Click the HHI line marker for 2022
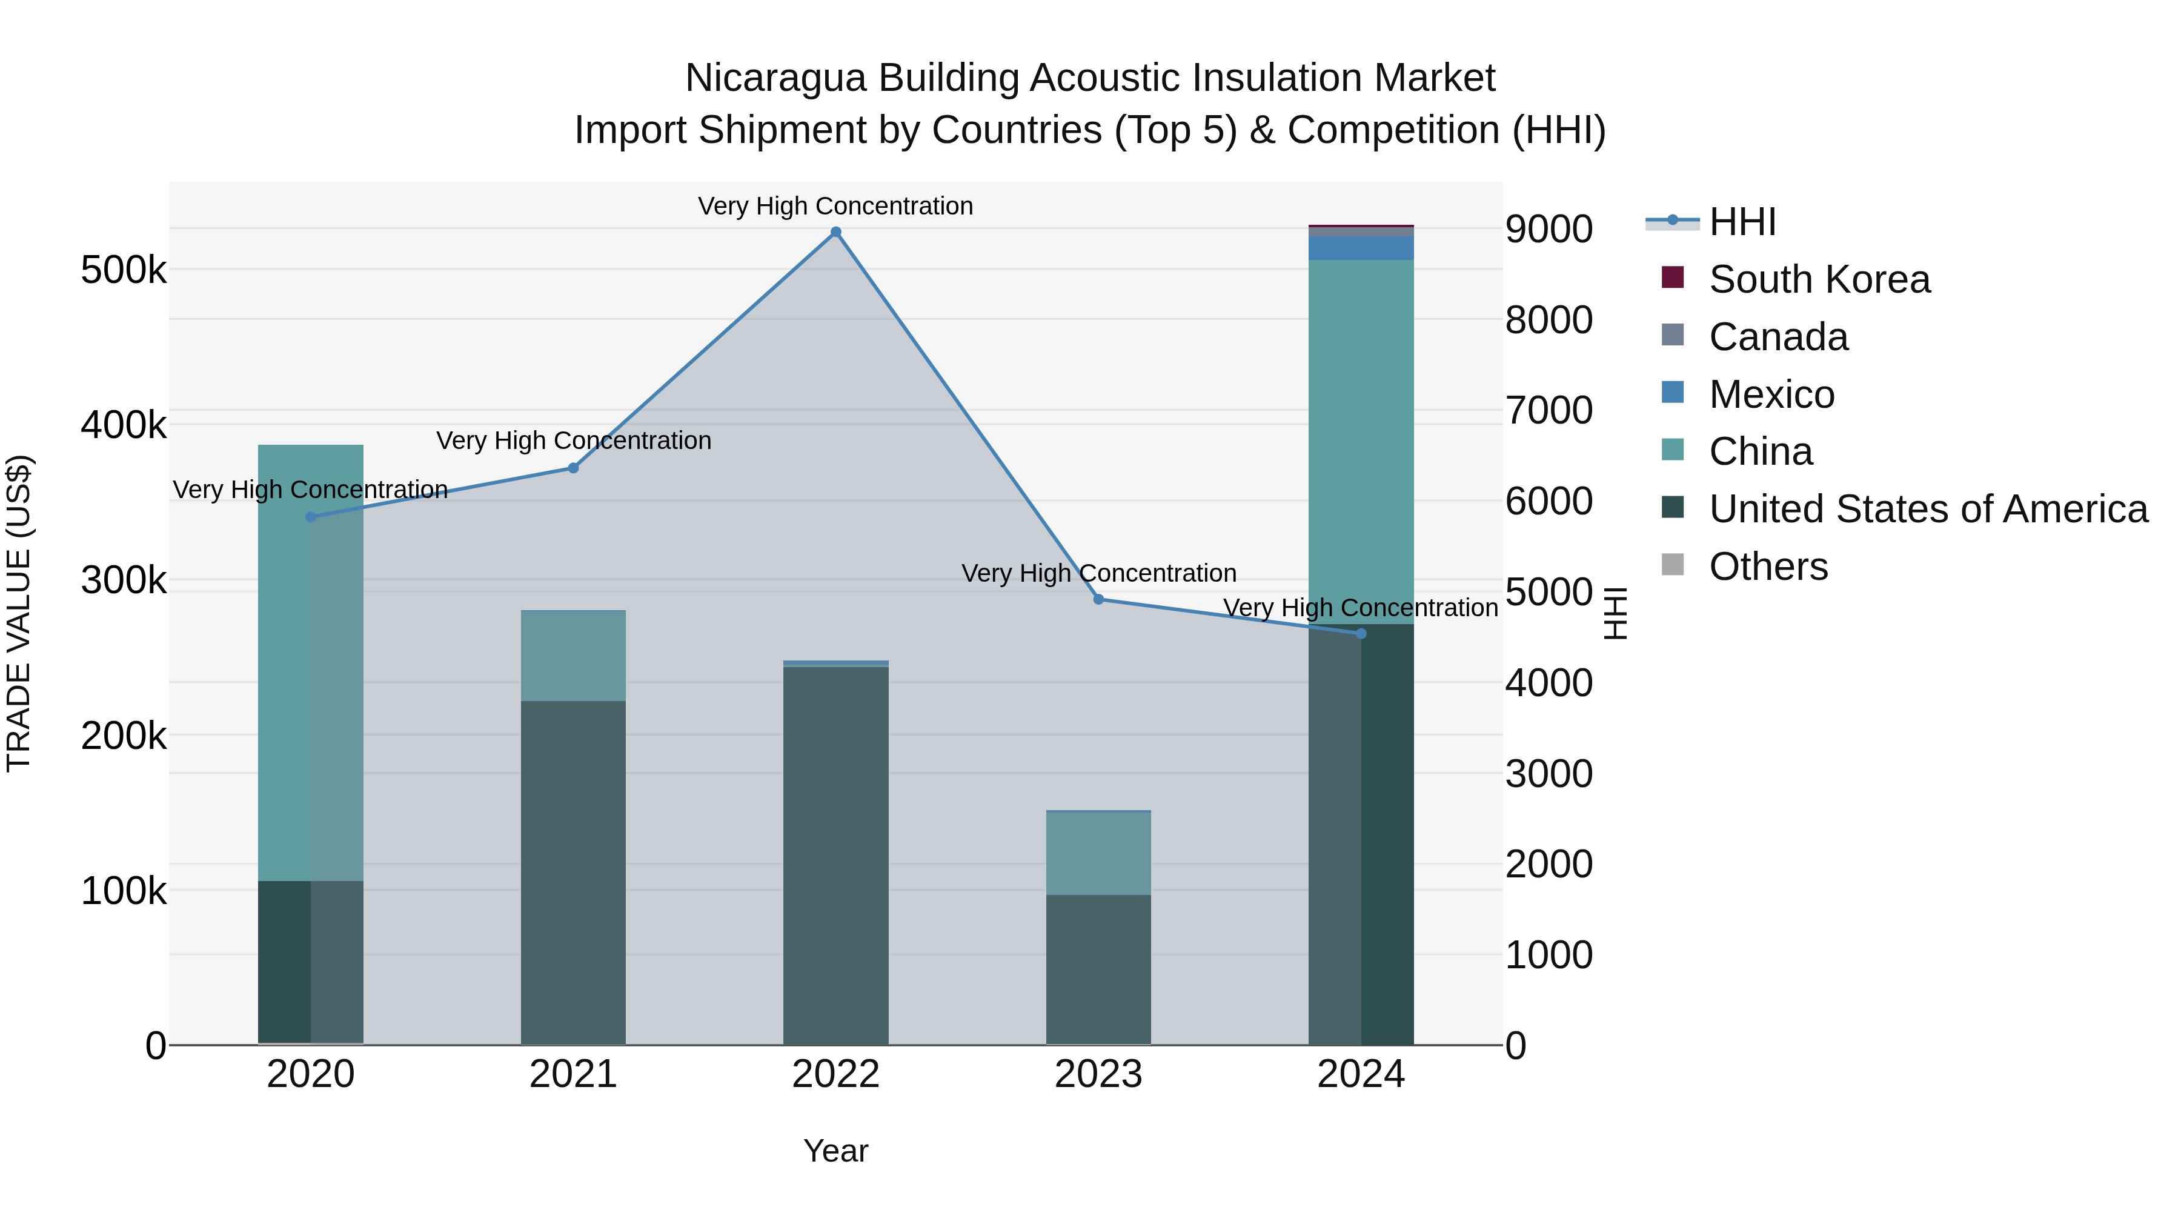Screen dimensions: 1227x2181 point(835,232)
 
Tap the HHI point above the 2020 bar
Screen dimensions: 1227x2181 point(311,516)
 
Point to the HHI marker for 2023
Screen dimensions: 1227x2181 point(1098,599)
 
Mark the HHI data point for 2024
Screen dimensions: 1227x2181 point(1361,633)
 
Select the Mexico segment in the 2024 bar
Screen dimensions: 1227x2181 point(1361,248)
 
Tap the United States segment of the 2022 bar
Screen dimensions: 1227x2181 point(835,855)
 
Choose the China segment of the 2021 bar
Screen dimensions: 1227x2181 point(573,656)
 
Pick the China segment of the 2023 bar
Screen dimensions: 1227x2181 point(1098,853)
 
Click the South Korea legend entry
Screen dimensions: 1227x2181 point(1819,279)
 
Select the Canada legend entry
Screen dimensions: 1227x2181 point(1778,337)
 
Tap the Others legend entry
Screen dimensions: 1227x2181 point(1768,567)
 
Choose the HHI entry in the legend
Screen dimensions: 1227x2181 point(1742,222)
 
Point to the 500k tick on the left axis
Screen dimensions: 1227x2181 point(124,270)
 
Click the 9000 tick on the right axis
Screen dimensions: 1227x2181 point(1549,228)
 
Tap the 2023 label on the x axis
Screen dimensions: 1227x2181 point(1098,1074)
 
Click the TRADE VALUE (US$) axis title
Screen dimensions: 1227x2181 point(19,613)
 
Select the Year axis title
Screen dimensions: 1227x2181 point(835,1151)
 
